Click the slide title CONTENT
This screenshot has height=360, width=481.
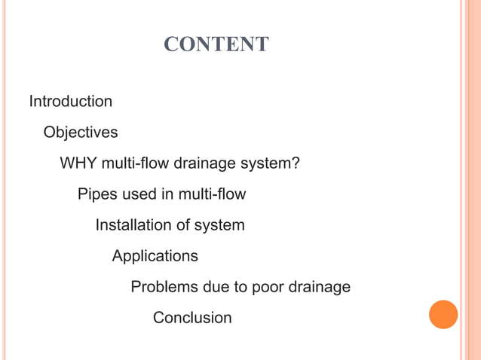pyautogui.click(x=216, y=45)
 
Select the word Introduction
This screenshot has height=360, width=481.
pyautogui.click(x=71, y=101)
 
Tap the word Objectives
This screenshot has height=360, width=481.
pyautogui.click(x=81, y=133)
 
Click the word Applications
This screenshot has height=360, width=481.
pyautogui.click(x=155, y=256)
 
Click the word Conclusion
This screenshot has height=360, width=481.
pyautogui.click(x=192, y=318)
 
